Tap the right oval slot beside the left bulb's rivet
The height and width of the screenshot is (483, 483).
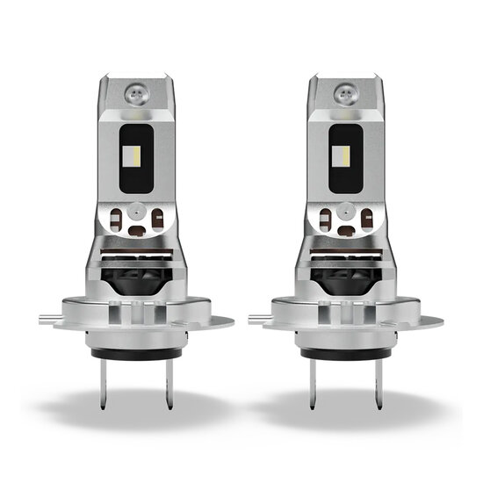click(159, 220)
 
